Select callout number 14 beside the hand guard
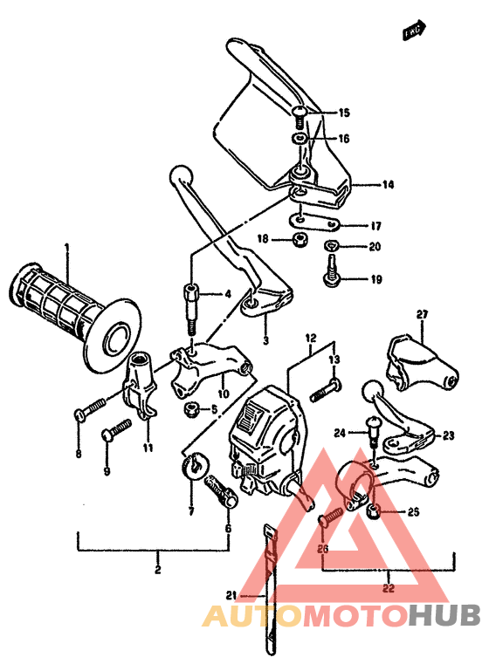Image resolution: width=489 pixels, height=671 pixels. click(388, 184)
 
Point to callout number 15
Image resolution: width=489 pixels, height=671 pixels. click(344, 113)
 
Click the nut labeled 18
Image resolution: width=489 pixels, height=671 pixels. click(298, 238)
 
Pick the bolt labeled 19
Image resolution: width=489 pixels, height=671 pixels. click(333, 279)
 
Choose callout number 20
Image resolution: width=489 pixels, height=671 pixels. click(375, 247)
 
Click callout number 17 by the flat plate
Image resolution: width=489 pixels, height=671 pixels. click(375, 225)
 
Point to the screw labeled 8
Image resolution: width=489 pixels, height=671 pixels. click(91, 407)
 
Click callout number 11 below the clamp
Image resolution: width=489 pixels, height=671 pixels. click(147, 448)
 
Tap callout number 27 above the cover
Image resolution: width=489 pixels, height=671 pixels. click(422, 314)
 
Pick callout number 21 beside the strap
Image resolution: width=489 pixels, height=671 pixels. click(231, 596)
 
